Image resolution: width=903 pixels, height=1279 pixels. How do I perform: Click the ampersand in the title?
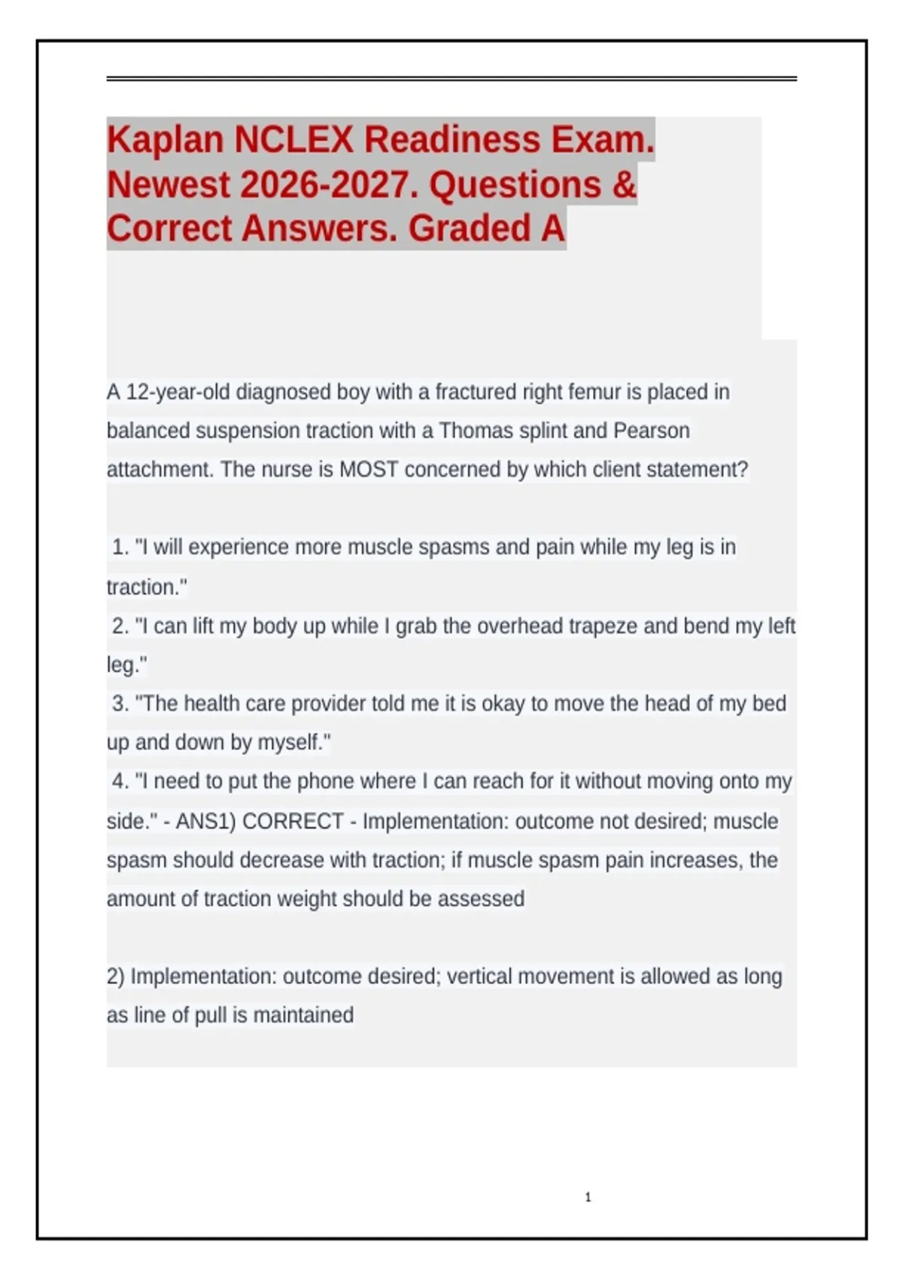point(624,185)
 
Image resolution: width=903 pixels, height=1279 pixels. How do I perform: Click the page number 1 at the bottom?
point(588,1197)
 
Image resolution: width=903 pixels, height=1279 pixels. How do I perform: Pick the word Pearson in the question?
point(652,431)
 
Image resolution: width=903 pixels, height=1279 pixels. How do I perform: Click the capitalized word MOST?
point(368,469)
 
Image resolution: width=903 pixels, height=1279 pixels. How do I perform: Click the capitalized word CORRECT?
point(293,821)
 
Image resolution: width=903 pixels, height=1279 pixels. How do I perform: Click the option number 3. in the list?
point(120,704)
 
